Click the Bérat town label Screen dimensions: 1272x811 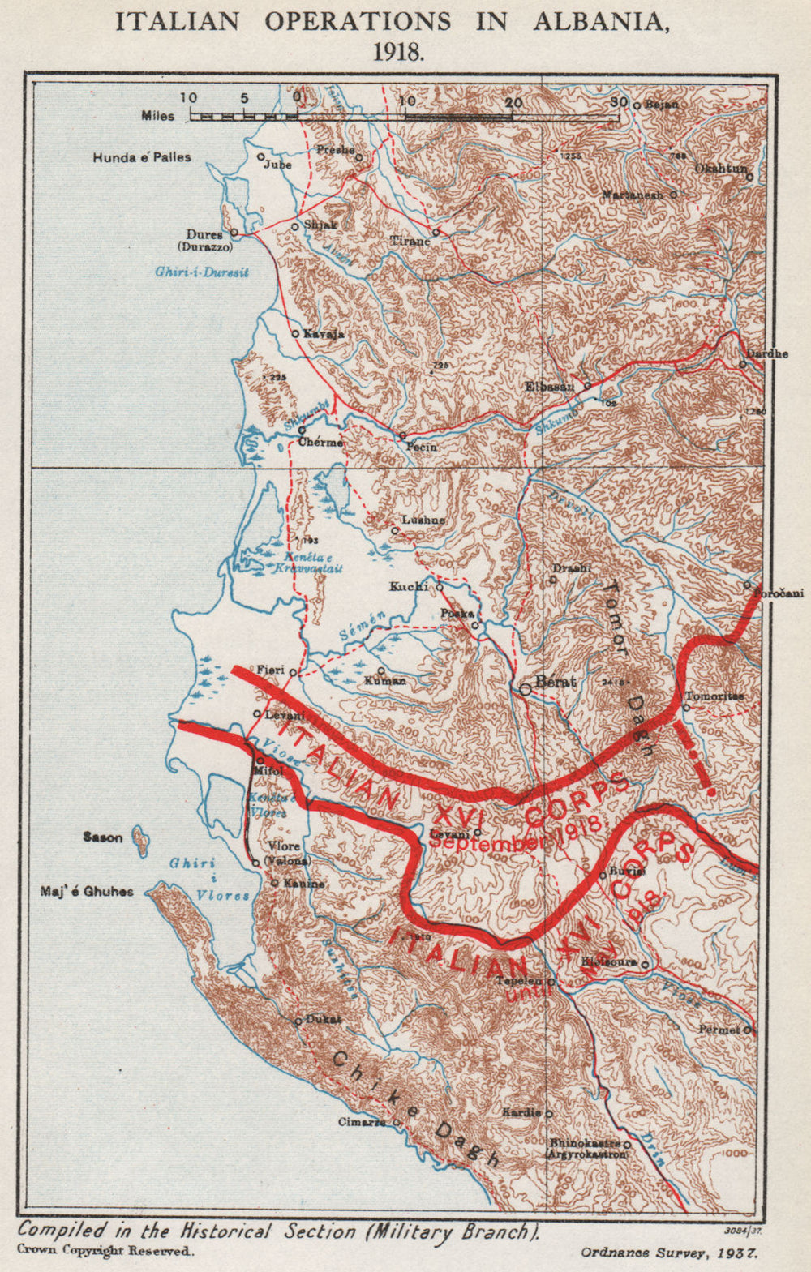[x=556, y=682]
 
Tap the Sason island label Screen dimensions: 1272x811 [x=103, y=837]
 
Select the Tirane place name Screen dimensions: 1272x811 [x=410, y=241]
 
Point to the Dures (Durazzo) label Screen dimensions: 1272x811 [x=204, y=240]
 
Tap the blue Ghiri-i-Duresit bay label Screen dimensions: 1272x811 [x=202, y=272]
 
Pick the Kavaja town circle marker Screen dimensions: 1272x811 [x=295, y=333]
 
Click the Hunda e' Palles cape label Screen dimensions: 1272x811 [x=142, y=157]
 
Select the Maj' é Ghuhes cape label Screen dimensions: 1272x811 [x=87, y=892]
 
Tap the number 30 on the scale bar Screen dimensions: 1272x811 [x=619, y=102]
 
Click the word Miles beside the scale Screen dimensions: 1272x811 [x=158, y=116]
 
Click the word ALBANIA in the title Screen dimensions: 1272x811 [x=601, y=22]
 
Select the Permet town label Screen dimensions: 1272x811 [x=720, y=1029]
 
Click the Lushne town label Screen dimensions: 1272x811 [x=423, y=520]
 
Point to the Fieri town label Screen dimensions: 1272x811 [x=270, y=670]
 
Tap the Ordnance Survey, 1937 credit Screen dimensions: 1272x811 [x=669, y=1252]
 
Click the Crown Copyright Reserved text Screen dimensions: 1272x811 [x=105, y=1251]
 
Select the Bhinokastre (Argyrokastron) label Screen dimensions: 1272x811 [x=587, y=1147]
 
